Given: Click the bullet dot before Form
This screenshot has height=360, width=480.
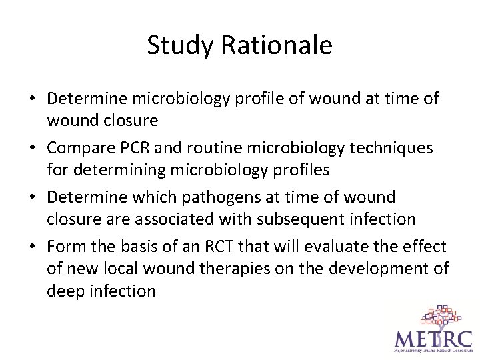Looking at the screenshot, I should tap(33, 247).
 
